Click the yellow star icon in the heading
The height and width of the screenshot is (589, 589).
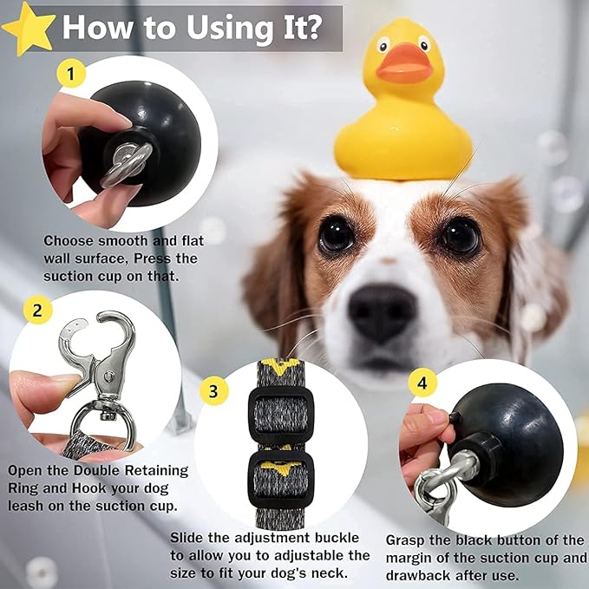[28, 28]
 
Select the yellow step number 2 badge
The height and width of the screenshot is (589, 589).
[36, 309]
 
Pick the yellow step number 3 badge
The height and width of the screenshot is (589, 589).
[213, 389]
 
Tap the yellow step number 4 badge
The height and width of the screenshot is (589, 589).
[422, 382]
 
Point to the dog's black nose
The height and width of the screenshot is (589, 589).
[382, 311]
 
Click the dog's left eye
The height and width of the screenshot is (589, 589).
[337, 234]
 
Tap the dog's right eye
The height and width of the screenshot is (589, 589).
[460, 236]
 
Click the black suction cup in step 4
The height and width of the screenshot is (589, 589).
[520, 442]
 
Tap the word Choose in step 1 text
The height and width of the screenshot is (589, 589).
[69, 240]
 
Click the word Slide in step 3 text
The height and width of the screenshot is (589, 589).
[188, 538]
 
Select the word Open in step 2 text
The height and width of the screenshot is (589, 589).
[27, 470]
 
